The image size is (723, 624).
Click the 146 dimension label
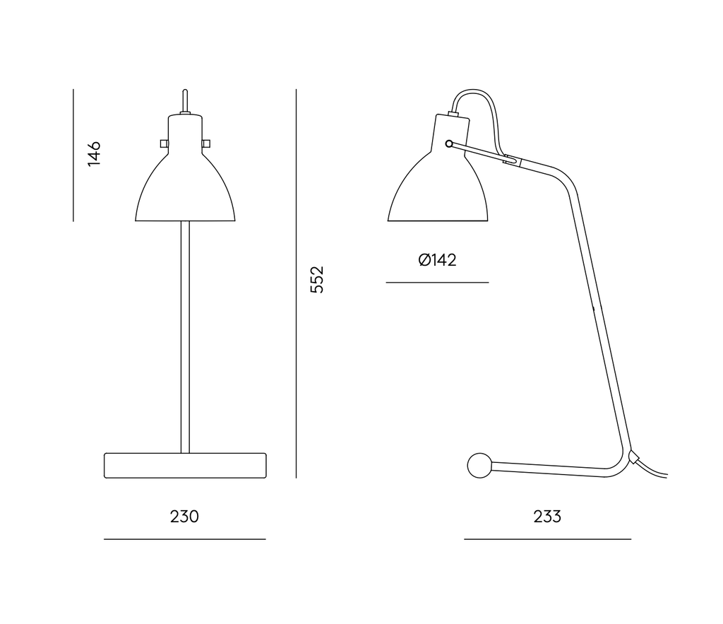[x=94, y=153]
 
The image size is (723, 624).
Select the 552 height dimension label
[x=317, y=279]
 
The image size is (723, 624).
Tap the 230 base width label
[x=184, y=517]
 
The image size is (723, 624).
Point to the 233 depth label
[x=547, y=517]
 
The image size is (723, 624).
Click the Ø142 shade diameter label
[x=437, y=260]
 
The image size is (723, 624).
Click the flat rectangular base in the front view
[x=185, y=465]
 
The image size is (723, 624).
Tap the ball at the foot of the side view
[x=479, y=465]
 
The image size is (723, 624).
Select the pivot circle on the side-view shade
[x=449, y=144]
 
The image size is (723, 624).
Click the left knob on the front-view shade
[x=164, y=143]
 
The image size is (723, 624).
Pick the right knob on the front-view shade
[x=206, y=143]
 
